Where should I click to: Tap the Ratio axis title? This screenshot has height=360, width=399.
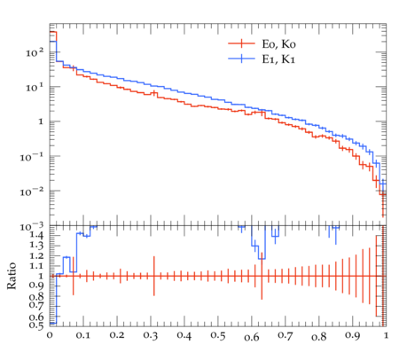[x=12, y=276]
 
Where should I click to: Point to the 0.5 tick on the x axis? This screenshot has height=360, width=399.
[x=218, y=336]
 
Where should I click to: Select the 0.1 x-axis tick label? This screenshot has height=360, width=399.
[x=83, y=336]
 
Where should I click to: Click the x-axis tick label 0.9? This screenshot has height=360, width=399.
[x=352, y=336]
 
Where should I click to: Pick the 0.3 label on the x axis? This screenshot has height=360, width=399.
[x=151, y=336]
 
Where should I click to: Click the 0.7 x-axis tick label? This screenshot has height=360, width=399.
[x=286, y=336]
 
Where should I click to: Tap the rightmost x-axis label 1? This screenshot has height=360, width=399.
[x=386, y=336]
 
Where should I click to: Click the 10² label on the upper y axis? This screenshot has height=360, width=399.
[x=35, y=52]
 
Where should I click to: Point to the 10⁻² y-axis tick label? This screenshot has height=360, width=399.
[x=32, y=192]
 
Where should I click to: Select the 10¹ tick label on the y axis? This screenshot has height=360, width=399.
[x=35, y=88]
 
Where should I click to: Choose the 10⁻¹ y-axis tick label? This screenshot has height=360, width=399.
[x=32, y=157]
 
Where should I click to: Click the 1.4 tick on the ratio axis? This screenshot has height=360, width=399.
[x=36, y=236]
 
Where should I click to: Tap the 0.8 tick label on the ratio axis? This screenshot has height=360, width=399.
[x=36, y=296]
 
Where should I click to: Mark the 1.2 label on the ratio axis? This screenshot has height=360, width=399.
[x=36, y=256]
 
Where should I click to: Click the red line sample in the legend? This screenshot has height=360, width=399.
[x=241, y=43]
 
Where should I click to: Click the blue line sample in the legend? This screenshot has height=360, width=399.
[x=241, y=59]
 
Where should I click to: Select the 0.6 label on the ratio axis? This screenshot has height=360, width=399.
[x=36, y=317]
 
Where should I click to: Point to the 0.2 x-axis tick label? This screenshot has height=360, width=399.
[x=117, y=336]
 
